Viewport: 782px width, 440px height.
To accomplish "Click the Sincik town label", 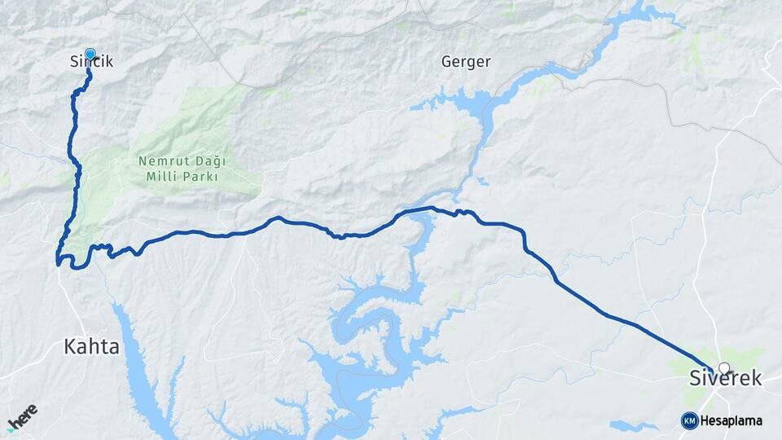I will pos(91,62).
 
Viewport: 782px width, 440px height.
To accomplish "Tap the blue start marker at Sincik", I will pos(90,55).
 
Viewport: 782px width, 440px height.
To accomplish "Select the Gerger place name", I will pos(465,62).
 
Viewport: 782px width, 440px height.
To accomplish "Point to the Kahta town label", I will pos(91,346).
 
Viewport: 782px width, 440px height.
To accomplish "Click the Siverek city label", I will pos(725,378).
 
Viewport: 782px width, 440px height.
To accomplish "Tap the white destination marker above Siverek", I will pos(724,368).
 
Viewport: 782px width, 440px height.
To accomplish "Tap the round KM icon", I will pos(689,420).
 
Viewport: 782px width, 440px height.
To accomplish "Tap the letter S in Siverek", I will pos(695,378).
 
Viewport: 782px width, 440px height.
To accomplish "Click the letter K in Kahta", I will pos(69,346).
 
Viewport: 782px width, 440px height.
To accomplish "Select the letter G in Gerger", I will pos(446,62).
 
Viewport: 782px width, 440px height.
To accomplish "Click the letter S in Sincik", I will pos(74,62).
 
